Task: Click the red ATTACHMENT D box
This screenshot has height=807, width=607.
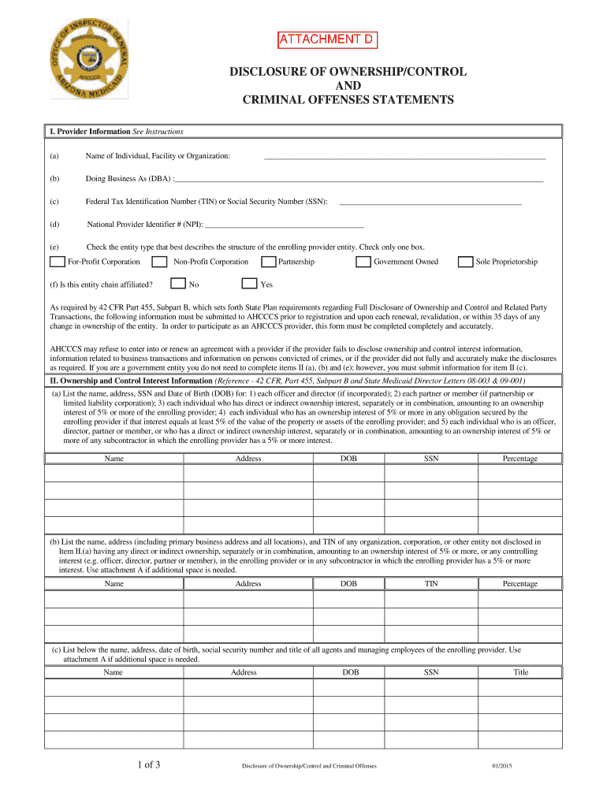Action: coord(326,39)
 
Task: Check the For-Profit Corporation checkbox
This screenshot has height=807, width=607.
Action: coord(58,262)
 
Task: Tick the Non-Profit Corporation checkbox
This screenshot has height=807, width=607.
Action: coord(159,262)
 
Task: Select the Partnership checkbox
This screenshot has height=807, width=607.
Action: coord(268,262)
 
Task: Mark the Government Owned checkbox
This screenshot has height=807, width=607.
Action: coord(363,262)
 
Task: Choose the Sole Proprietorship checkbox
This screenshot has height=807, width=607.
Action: coord(466,262)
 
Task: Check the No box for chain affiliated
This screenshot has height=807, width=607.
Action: coord(178,284)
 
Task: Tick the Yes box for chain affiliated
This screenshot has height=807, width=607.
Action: coord(249,284)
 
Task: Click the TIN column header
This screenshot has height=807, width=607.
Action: coord(431,583)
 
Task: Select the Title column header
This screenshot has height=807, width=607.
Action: coord(520,672)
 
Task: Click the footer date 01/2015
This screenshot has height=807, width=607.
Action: coord(502,766)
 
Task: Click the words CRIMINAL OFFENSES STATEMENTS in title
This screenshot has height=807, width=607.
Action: coord(348,100)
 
